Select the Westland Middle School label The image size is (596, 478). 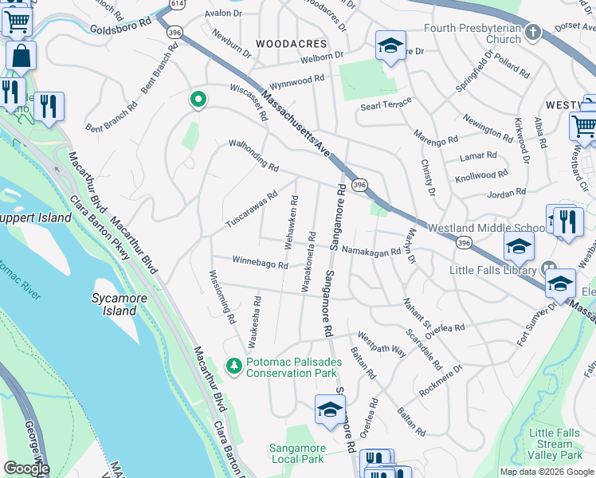click(x=487, y=228)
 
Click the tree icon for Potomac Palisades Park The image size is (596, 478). click(x=233, y=366)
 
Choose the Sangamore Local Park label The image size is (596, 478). click(x=296, y=453)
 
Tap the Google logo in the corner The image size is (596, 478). click(x=25, y=468)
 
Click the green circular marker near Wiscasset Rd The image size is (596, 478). click(x=198, y=100)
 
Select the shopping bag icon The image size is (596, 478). click(x=21, y=57)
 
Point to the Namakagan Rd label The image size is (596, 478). click(x=371, y=252)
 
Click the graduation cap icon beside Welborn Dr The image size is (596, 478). click(x=390, y=46)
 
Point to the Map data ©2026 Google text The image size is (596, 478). click(x=546, y=472)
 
